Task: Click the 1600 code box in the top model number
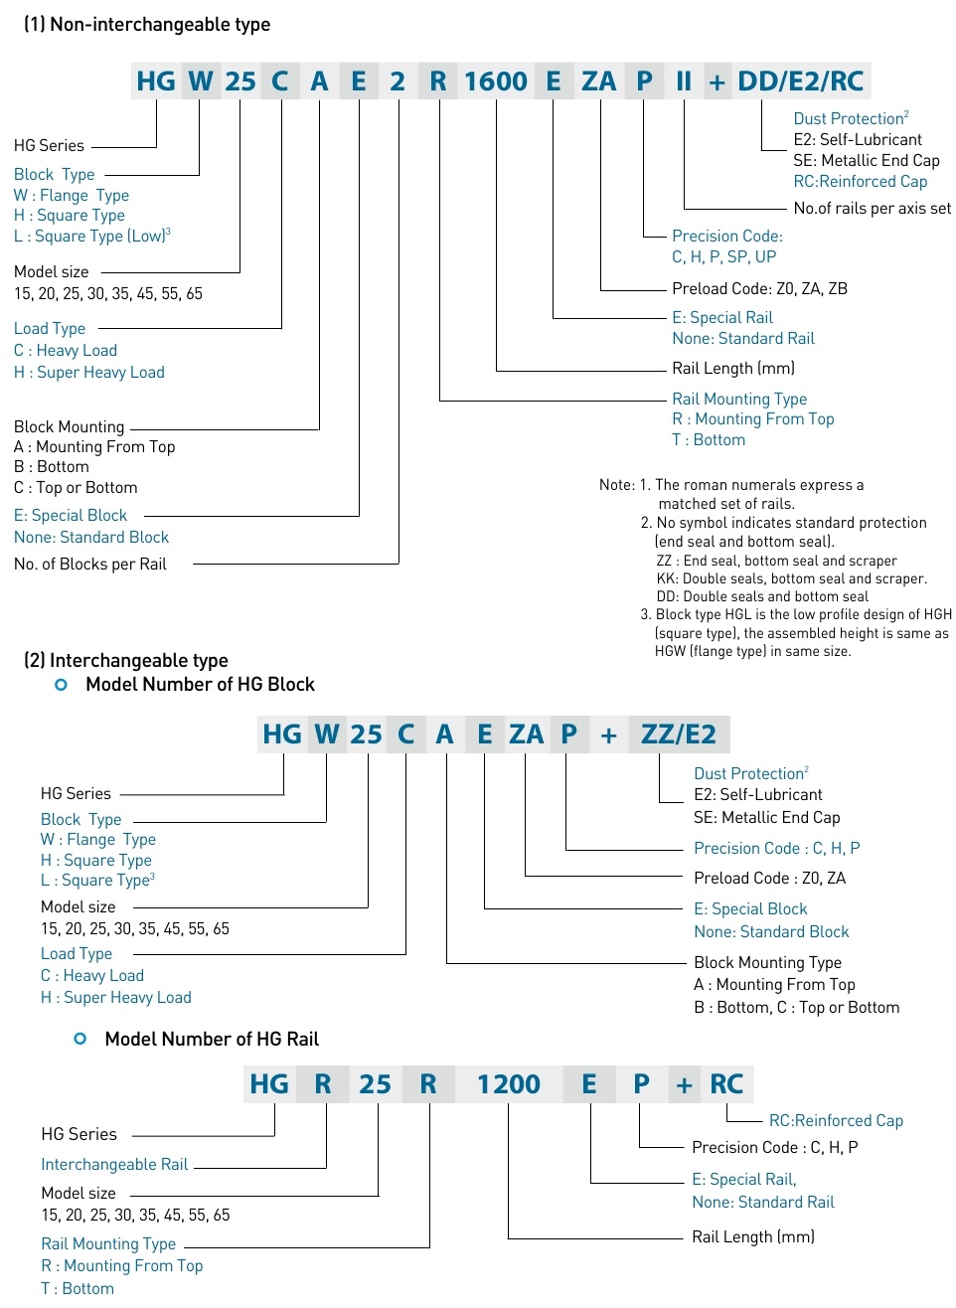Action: point(496,82)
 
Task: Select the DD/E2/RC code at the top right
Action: point(801,82)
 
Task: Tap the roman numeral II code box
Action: point(684,82)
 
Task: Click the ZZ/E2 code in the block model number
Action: point(679,735)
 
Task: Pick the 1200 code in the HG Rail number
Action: point(509,1084)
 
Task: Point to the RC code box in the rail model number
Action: point(726,1084)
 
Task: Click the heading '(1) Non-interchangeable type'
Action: point(147,25)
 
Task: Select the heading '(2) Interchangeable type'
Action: point(126,661)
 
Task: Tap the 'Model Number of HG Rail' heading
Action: point(212,1040)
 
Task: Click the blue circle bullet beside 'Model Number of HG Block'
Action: point(62,685)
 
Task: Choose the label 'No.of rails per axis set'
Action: point(872,209)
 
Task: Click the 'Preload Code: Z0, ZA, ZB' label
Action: point(759,289)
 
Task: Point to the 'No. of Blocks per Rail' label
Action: point(90,565)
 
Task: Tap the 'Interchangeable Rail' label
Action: point(114,1165)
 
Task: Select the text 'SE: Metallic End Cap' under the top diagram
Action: point(866,161)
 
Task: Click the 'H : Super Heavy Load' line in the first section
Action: point(89,373)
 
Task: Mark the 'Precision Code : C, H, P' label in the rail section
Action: point(774,1148)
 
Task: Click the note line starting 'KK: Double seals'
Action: point(791,579)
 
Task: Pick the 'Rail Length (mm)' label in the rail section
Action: point(752,1237)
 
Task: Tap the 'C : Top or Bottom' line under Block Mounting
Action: point(76,488)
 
